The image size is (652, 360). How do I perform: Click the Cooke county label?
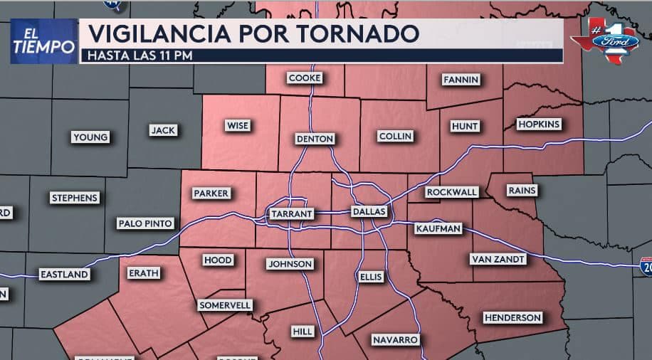305,78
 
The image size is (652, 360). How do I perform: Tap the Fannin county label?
461,80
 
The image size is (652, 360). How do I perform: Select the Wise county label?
237,126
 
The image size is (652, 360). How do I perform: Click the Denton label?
315,139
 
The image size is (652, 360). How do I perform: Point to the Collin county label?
395,137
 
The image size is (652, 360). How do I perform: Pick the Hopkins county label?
539,125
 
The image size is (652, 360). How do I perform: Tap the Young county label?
90,137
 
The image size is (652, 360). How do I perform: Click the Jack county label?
163,130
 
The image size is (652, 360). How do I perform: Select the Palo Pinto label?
145,223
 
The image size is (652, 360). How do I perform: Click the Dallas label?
369,212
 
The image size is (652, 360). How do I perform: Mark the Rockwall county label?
451,192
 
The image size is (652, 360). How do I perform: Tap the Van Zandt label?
498,260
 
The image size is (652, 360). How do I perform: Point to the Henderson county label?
512,317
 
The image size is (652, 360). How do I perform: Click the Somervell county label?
225,305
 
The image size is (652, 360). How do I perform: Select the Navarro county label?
395,340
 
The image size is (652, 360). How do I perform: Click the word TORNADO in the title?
357,33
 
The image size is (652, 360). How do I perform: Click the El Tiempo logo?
43,41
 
